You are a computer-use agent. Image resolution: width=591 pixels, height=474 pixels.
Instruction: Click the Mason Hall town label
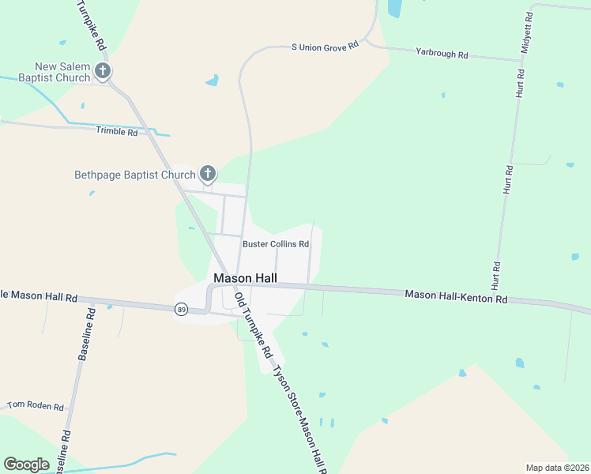(x=245, y=278)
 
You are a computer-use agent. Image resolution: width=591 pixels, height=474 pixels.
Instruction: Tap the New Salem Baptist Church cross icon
(x=102, y=72)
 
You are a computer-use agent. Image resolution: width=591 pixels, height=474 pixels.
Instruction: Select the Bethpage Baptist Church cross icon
(x=208, y=174)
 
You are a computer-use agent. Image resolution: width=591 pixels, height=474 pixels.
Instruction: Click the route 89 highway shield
(x=182, y=309)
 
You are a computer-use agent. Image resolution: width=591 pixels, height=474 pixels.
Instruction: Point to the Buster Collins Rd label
(x=275, y=244)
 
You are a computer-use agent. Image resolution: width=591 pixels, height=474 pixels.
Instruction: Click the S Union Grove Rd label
(x=325, y=47)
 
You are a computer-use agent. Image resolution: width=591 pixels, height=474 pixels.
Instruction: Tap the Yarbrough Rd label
(x=442, y=55)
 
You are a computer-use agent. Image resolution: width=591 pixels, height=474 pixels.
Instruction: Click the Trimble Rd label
(x=117, y=131)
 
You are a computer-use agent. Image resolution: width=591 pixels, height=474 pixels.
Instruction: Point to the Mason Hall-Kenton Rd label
(x=456, y=296)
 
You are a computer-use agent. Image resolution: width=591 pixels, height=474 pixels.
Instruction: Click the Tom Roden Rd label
(x=35, y=406)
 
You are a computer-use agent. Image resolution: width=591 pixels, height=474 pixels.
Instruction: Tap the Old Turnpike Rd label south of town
(x=253, y=324)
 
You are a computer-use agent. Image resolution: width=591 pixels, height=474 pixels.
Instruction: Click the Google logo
(x=26, y=465)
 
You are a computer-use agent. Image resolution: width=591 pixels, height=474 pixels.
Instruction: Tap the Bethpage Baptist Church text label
(x=134, y=175)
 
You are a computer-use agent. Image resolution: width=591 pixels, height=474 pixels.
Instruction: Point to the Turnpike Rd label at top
(x=92, y=25)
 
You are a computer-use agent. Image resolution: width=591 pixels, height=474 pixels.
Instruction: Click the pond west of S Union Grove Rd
(x=212, y=81)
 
